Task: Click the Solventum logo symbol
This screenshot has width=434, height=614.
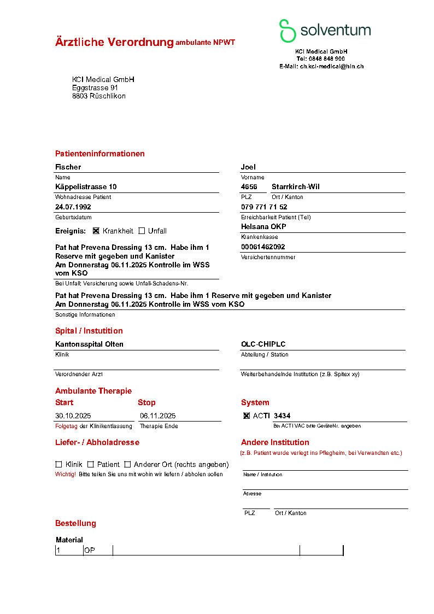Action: point(288,31)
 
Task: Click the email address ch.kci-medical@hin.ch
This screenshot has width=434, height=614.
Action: point(331,66)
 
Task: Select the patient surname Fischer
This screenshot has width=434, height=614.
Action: point(68,167)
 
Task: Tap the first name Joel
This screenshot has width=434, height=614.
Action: point(248,167)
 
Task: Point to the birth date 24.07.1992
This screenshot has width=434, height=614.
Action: point(73,207)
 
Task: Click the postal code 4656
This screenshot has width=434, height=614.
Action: point(249,186)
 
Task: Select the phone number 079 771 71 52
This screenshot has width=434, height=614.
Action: point(264,207)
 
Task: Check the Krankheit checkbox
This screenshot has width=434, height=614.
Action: point(96,231)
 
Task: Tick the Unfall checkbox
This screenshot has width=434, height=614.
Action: point(142,231)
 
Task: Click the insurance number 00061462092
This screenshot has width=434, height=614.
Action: point(263,247)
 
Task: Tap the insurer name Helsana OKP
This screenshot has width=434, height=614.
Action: point(263,226)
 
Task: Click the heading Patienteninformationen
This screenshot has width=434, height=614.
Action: point(100,154)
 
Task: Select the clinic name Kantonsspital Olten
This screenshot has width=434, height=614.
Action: point(89,344)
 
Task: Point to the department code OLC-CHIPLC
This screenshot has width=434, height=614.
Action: point(263,344)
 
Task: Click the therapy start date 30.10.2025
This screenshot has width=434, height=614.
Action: point(74,416)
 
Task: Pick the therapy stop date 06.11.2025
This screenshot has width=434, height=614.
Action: point(157,416)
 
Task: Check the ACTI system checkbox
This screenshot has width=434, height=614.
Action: point(247,416)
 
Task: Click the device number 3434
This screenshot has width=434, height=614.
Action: point(282,416)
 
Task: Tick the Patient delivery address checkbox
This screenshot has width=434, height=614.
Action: point(91,464)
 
